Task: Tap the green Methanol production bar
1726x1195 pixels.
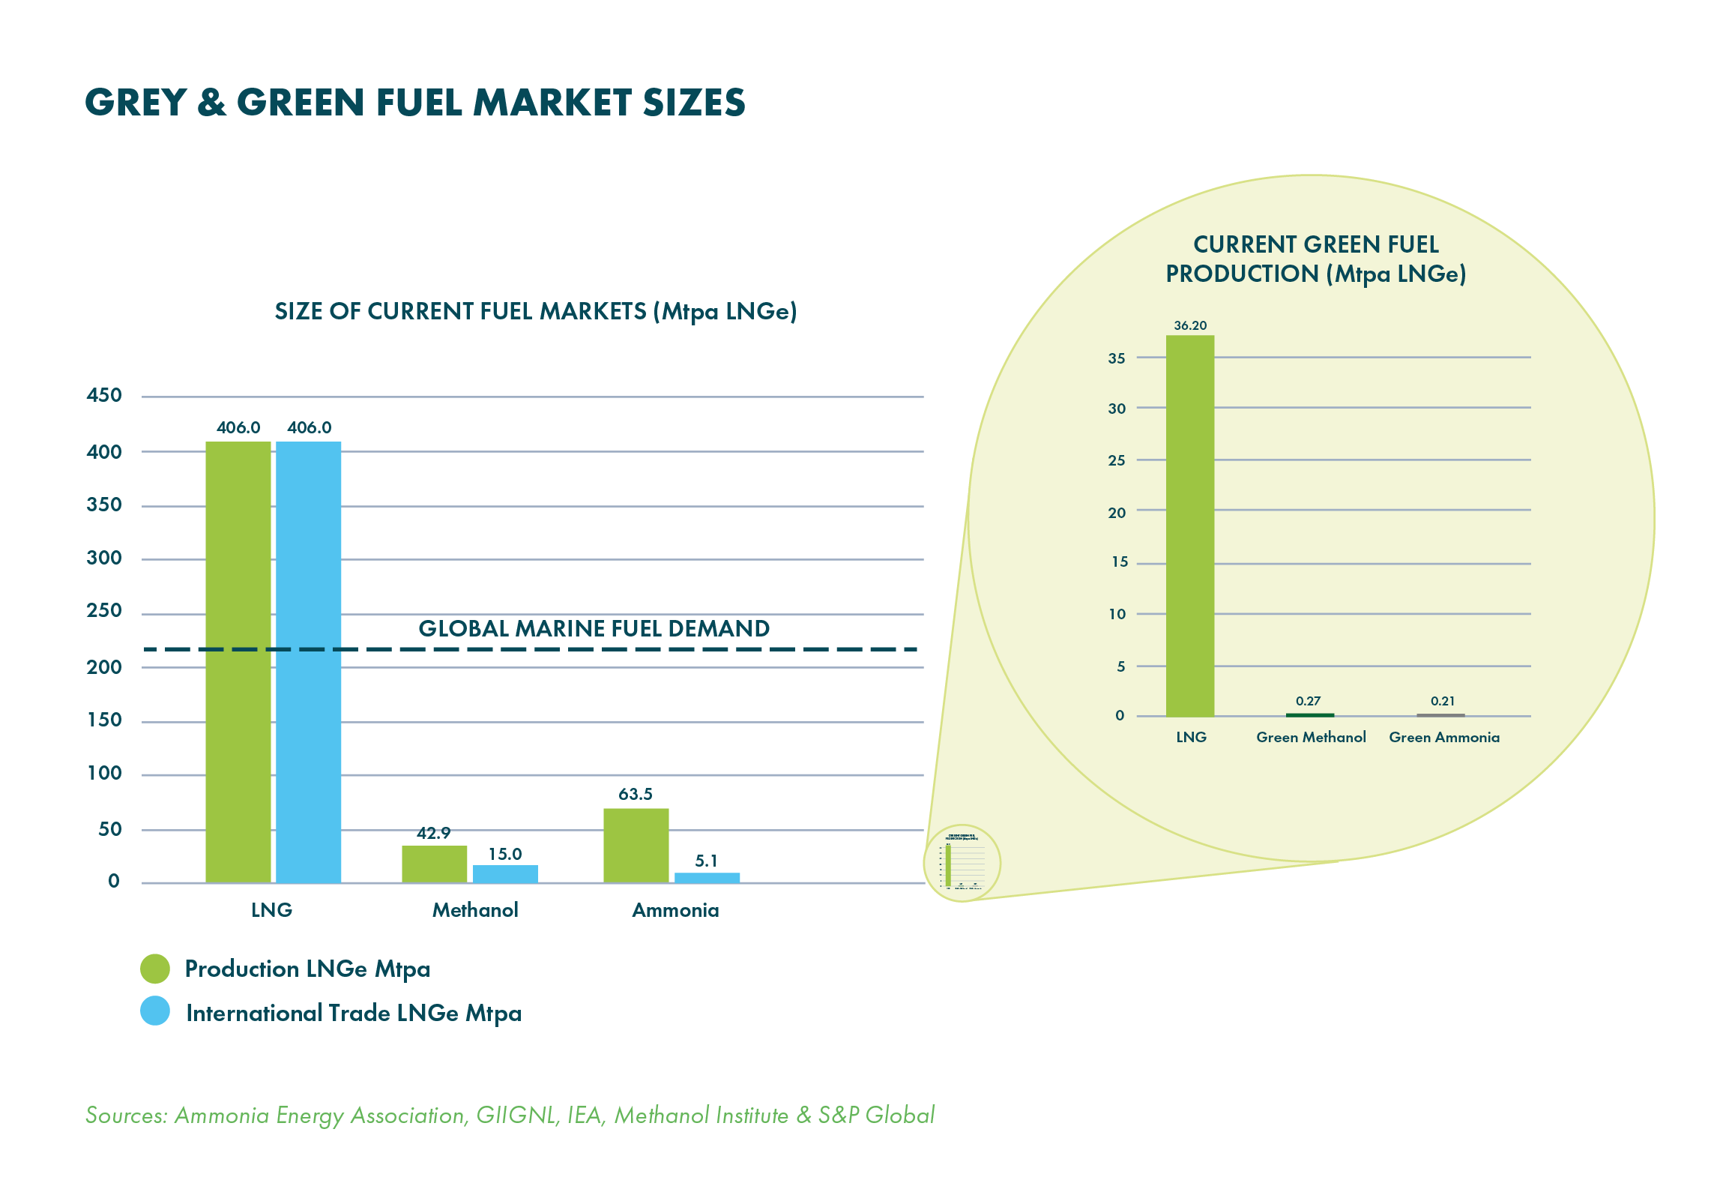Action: pos(434,864)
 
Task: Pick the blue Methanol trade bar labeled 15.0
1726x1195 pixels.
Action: pos(505,873)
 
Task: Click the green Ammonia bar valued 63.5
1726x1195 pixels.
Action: pos(636,845)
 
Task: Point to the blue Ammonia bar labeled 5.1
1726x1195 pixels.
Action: pos(707,877)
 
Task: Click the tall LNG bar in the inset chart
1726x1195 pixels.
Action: pos(1189,525)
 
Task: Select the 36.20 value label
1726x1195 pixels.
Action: pos(1190,325)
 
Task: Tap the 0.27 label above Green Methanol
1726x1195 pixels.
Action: pos(1308,701)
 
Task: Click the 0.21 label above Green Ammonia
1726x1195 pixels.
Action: pos(1442,701)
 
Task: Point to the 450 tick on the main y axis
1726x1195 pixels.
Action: pos(103,395)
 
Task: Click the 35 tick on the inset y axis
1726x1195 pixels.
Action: pos(1116,358)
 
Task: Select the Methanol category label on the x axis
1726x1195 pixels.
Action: pos(475,910)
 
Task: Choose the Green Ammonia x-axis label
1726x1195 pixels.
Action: pos(1443,737)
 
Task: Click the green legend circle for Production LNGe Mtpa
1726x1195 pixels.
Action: pos(155,968)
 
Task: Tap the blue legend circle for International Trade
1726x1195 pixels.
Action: pos(155,1011)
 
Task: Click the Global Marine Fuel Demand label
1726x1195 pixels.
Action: pos(594,628)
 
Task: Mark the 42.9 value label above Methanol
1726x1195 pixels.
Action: pos(433,833)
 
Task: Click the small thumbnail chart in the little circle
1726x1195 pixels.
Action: pos(962,863)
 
